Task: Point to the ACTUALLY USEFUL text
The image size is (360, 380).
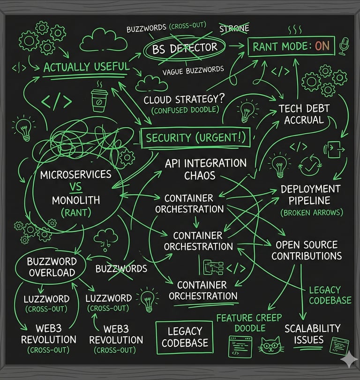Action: click(86, 67)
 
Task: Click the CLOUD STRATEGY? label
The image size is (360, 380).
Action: click(184, 100)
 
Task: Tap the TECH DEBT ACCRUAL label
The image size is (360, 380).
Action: click(304, 114)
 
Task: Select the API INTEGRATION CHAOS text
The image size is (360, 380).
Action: click(206, 169)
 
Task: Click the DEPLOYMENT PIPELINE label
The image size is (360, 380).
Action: click(310, 195)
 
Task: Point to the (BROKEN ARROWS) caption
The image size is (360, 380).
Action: click(311, 213)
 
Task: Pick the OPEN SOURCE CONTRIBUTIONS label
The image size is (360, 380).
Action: click(307, 251)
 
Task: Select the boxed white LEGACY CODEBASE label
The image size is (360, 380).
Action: click(185, 337)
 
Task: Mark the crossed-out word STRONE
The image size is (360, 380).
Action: click(234, 29)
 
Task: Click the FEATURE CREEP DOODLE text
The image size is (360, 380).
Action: click(246, 323)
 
